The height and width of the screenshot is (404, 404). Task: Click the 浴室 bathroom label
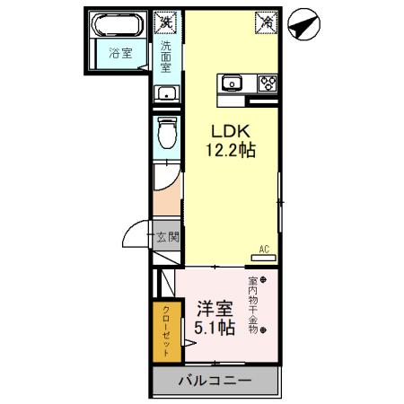(120, 53)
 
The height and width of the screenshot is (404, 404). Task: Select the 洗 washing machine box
(166, 21)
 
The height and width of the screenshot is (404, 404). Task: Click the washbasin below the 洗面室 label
(166, 93)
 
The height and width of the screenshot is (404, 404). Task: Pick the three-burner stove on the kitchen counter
(267, 83)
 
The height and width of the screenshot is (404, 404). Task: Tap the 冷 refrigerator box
(267, 21)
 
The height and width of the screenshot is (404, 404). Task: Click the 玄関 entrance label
(167, 238)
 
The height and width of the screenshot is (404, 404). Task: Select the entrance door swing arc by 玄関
(135, 235)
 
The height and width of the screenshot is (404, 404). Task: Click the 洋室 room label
(215, 308)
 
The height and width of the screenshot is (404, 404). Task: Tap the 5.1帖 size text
(215, 329)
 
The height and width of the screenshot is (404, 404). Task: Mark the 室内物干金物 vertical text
(252, 305)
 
